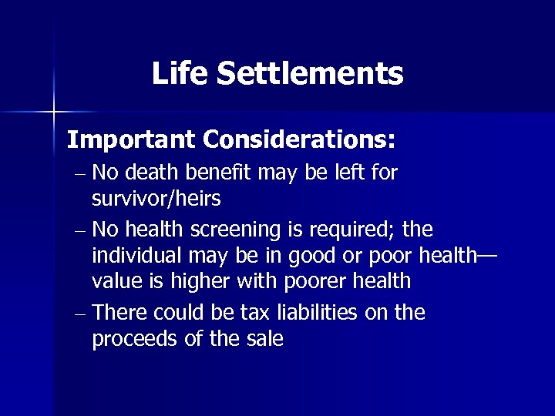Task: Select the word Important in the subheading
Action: click(x=131, y=140)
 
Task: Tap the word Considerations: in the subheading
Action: click(x=300, y=140)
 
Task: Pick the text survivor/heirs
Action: click(x=156, y=199)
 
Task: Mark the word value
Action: click(x=118, y=280)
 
